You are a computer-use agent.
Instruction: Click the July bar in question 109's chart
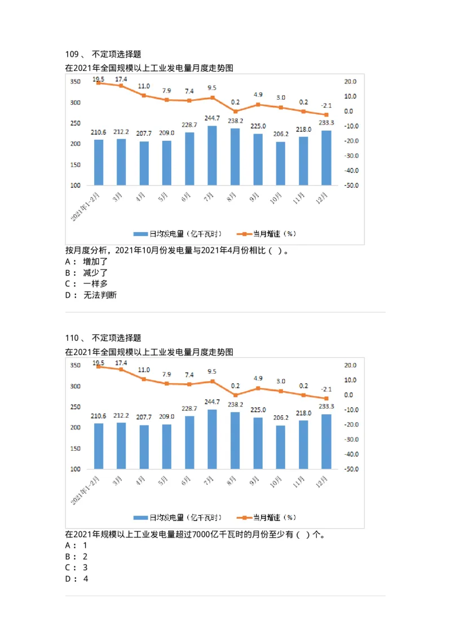(x=212, y=156)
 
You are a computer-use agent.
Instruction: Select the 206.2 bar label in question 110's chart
(x=281, y=418)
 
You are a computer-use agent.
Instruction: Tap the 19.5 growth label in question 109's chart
(x=98, y=79)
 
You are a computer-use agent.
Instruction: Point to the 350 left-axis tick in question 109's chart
(x=76, y=82)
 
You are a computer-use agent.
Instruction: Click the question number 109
(x=72, y=54)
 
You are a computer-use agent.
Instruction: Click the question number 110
(x=72, y=338)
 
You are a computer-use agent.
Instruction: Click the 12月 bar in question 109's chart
(x=326, y=158)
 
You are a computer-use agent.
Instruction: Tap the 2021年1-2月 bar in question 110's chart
(x=99, y=446)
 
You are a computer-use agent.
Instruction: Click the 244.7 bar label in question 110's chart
(x=212, y=402)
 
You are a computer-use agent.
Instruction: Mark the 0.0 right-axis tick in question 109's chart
(x=349, y=111)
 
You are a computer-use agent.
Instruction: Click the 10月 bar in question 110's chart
(x=281, y=447)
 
